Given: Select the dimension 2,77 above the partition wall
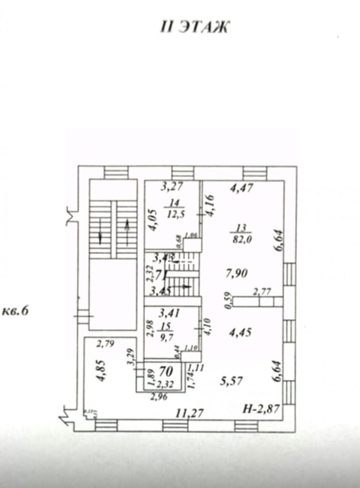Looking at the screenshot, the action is coord(263,291).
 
